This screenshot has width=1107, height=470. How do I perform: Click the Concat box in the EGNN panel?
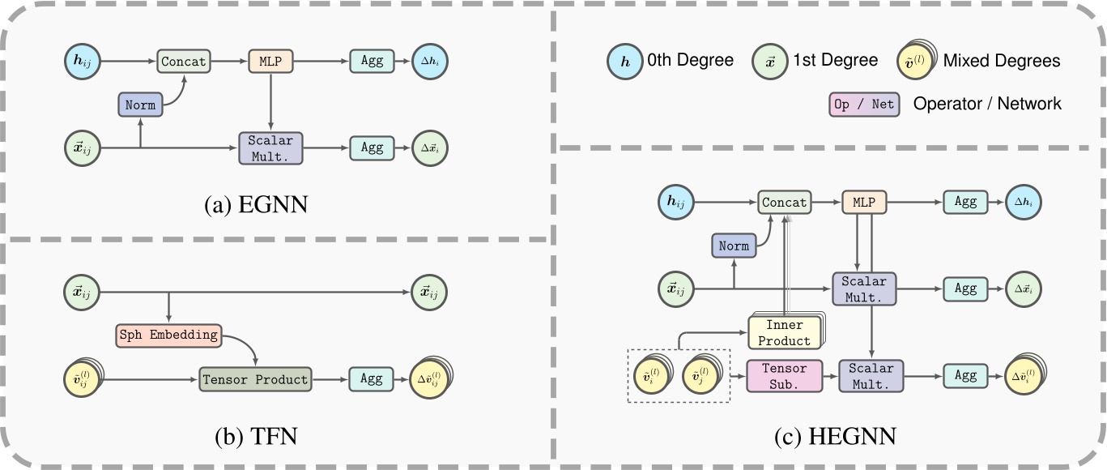pyautogui.click(x=184, y=61)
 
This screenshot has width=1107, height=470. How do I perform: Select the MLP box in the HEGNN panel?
pyautogui.click(x=865, y=203)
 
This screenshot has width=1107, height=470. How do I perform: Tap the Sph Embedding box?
pyautogui.click(x=168, y=335)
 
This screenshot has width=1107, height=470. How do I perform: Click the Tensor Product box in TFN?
pyautogui.click(x=255, y=378)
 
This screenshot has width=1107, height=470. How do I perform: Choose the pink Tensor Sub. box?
pyautogui.click(x=784, y=377)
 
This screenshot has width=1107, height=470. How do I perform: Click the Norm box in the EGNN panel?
pyautogui.click(x=140, y=105)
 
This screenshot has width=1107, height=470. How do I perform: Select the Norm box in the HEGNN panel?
pyautogui.click(x=734, y=245)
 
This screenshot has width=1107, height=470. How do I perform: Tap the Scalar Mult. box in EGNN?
pyautogui.click(x=270, y=148)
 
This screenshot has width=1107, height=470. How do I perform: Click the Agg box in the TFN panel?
pyautogui.click(x=372, y=378)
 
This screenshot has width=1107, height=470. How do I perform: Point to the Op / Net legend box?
pyautogui.click(x=863, y=104)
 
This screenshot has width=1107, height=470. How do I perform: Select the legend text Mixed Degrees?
pyautogui.click(x=1001, y=61)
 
